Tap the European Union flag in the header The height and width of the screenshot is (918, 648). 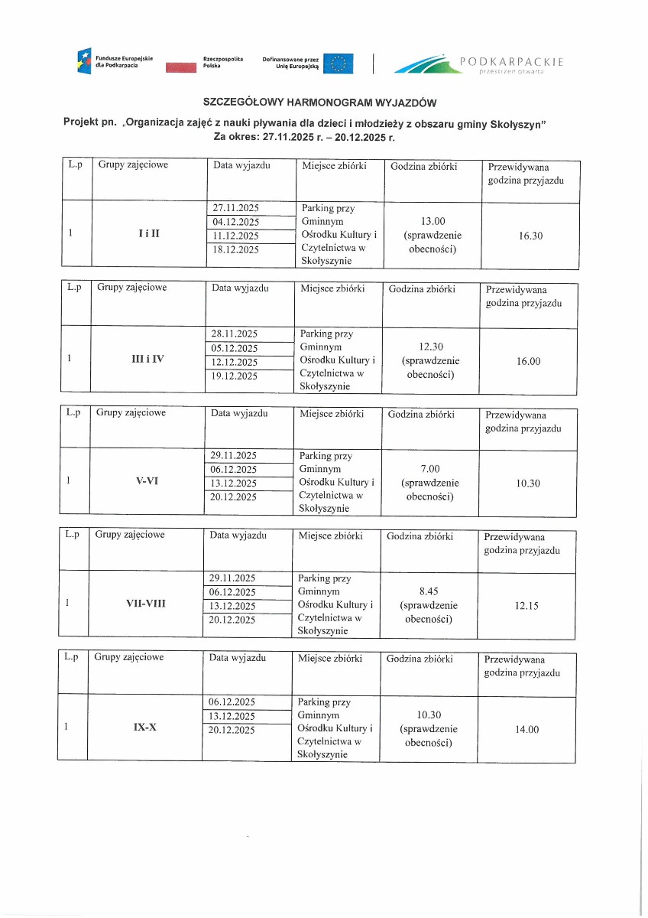click(x=338, y=63)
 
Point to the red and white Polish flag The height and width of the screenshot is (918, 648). click(x=181, y=68)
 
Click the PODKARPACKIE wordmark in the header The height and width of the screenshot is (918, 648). click(x=511, y=61)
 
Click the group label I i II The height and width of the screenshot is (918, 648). click(x=149, y=235)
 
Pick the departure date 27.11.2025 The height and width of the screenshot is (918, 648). click(x=236, y=208)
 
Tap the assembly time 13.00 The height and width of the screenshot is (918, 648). click(x=433, y=222)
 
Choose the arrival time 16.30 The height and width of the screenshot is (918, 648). click(x=530, y=236)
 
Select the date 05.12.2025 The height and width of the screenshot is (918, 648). click(x=235, y=348)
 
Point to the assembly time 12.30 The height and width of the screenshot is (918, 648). click(x=431, y=347)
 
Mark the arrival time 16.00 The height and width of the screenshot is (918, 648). click(x=528, y=361)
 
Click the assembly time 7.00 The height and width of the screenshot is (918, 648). click(x=430, y=469)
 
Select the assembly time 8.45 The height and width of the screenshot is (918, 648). click(x=429, y=591)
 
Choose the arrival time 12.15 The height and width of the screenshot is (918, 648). click(x=526, y=606)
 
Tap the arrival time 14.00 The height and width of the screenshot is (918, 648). click(x=526, y=729)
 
